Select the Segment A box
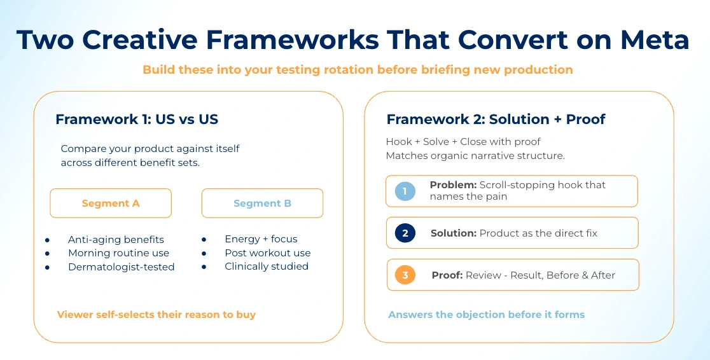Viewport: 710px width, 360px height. (x=111, y=204)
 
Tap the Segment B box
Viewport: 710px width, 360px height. (x=262, y=204)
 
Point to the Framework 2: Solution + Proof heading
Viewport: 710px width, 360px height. (x=496, y=120)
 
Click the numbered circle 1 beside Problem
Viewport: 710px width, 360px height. (x=405, y=191)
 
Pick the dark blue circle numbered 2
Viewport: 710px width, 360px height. (x=405, y=233)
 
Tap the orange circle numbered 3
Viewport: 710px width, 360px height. (x=405, y=275)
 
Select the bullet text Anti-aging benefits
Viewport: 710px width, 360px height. (x=116, y=239)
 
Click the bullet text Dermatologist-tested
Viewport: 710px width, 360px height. (x=121, y=267)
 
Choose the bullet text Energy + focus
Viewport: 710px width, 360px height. (x=261, y=239)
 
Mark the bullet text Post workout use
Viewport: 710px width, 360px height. (x=267, y=253)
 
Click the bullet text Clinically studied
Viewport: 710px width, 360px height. (x=266, y=267)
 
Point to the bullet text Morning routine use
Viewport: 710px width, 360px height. (x=118, y=253)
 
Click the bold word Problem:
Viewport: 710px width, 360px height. (x=453, y=185)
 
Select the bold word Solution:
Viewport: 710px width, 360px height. (x=453, y=233)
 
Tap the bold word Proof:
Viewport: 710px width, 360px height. (x=447, y=275)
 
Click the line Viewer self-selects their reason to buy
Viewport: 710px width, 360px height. (x=157, y=315)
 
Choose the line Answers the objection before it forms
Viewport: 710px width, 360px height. (x=486, y=315)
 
